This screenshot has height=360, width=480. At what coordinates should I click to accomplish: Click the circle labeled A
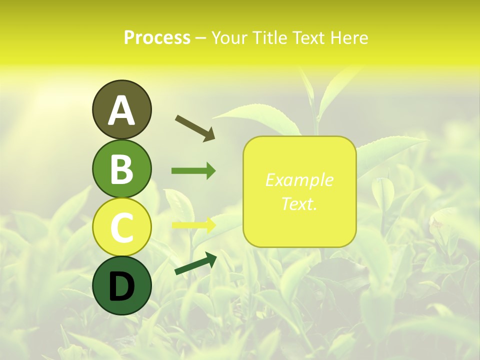point(121,110)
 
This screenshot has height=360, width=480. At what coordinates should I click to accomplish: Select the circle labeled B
point(121,169)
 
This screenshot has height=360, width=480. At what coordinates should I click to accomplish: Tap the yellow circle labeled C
point(121,227)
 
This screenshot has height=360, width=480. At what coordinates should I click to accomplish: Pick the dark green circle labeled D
point(121,286)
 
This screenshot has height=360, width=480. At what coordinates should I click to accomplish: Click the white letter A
point(121,110)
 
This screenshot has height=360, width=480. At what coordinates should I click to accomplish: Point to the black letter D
point(121,287)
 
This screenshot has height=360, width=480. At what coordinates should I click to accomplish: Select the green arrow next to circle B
point(193,171)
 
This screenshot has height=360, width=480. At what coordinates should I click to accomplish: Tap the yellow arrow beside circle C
point(193,225)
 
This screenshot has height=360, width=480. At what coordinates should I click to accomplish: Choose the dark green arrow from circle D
point(195,263)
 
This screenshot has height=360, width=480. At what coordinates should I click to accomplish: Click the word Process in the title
point(157,37)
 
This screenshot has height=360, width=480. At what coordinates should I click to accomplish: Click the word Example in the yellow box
point(299,180)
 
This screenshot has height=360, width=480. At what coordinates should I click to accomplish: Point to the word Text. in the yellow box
point(299,203)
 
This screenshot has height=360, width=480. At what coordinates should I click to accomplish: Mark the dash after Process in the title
point(200,38)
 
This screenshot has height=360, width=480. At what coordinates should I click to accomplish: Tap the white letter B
point(121,169)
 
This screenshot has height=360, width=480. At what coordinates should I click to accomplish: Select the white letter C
point(121,228)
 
